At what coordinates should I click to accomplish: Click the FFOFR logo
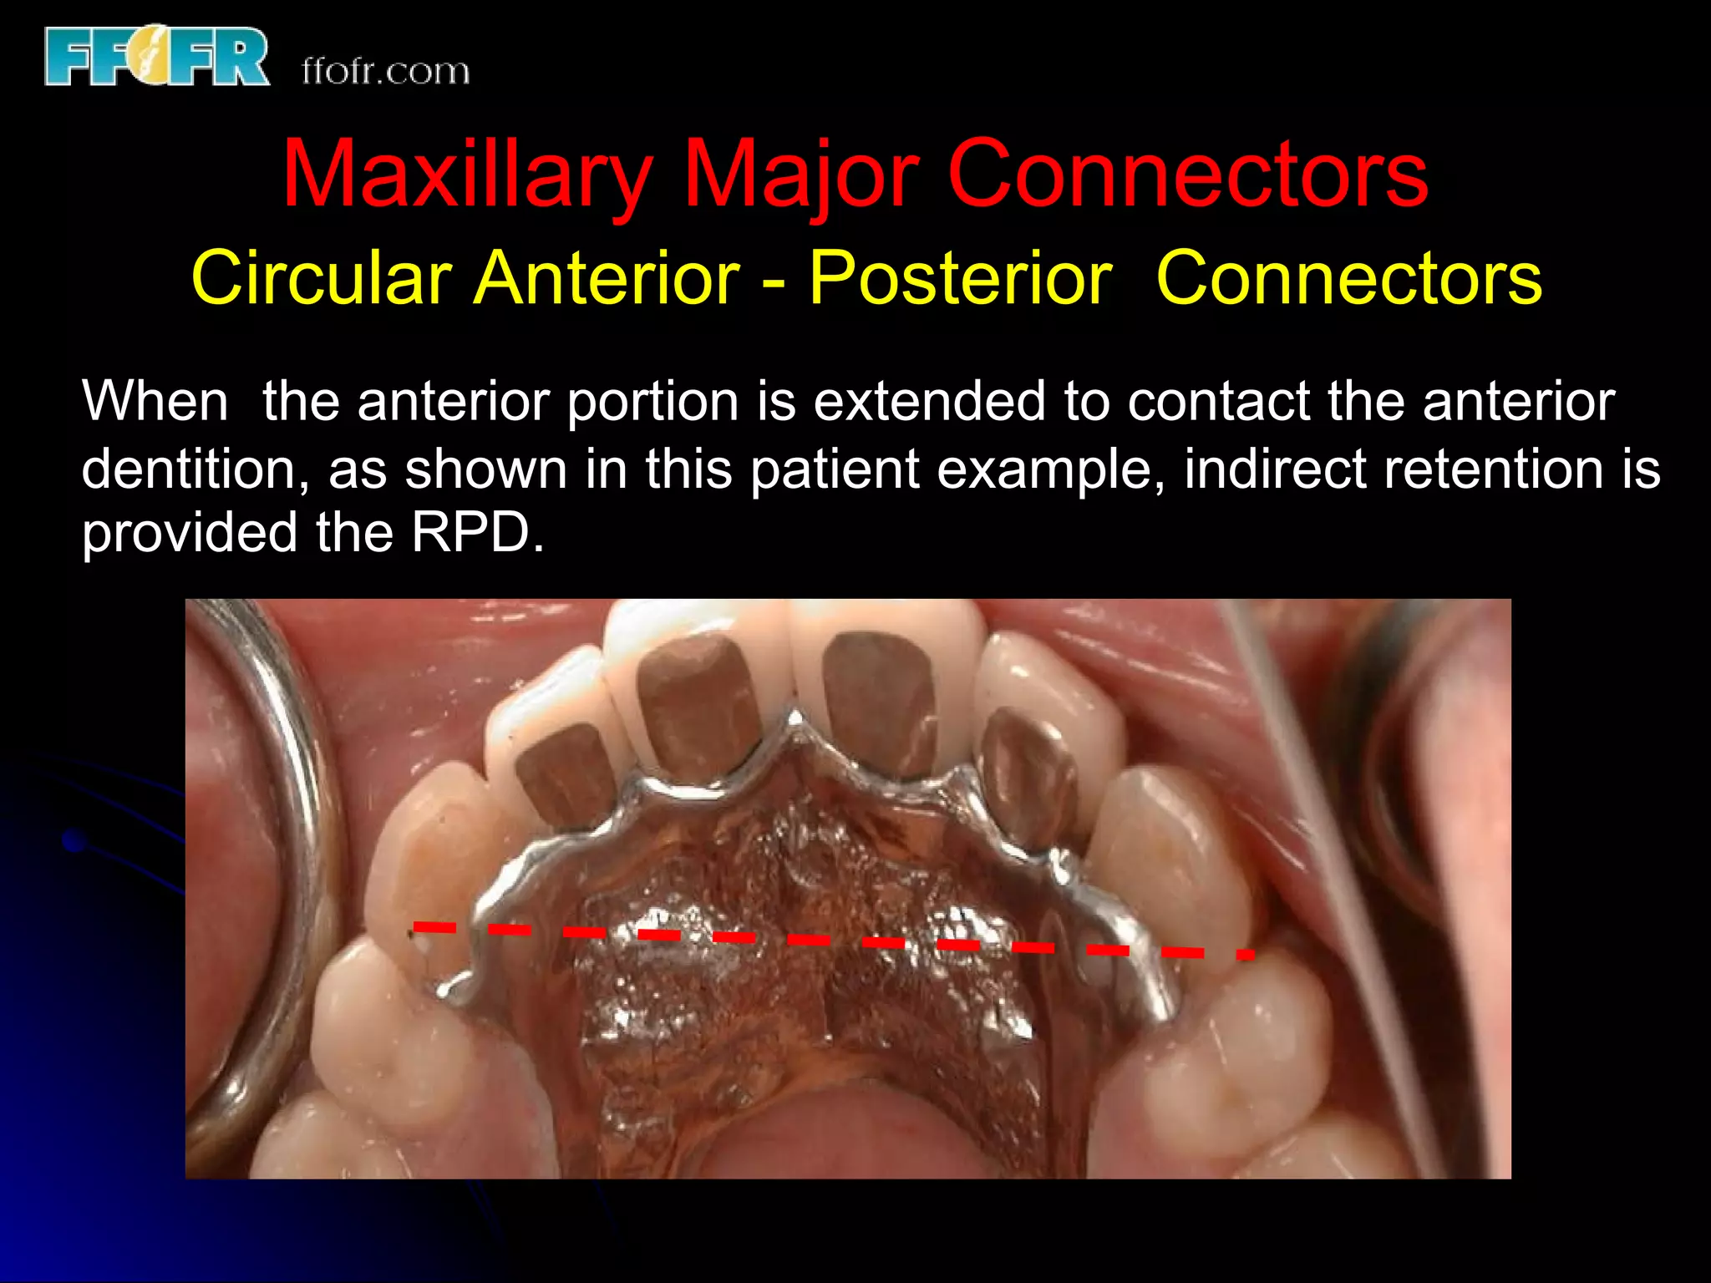tap(157, 56)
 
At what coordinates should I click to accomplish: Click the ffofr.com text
tap(385, 71)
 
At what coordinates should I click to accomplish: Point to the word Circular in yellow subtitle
tap(322, 277)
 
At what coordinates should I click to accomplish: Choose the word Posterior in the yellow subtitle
tap(961, 277)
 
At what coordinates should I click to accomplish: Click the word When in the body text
tap(155, 401)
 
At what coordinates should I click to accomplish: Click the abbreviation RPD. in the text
tap(477, 532)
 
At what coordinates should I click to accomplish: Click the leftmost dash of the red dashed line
tap(434, 926)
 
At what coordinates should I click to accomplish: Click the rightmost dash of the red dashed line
tap(1246, 954)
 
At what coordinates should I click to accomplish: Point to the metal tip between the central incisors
tap(795, 718)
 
